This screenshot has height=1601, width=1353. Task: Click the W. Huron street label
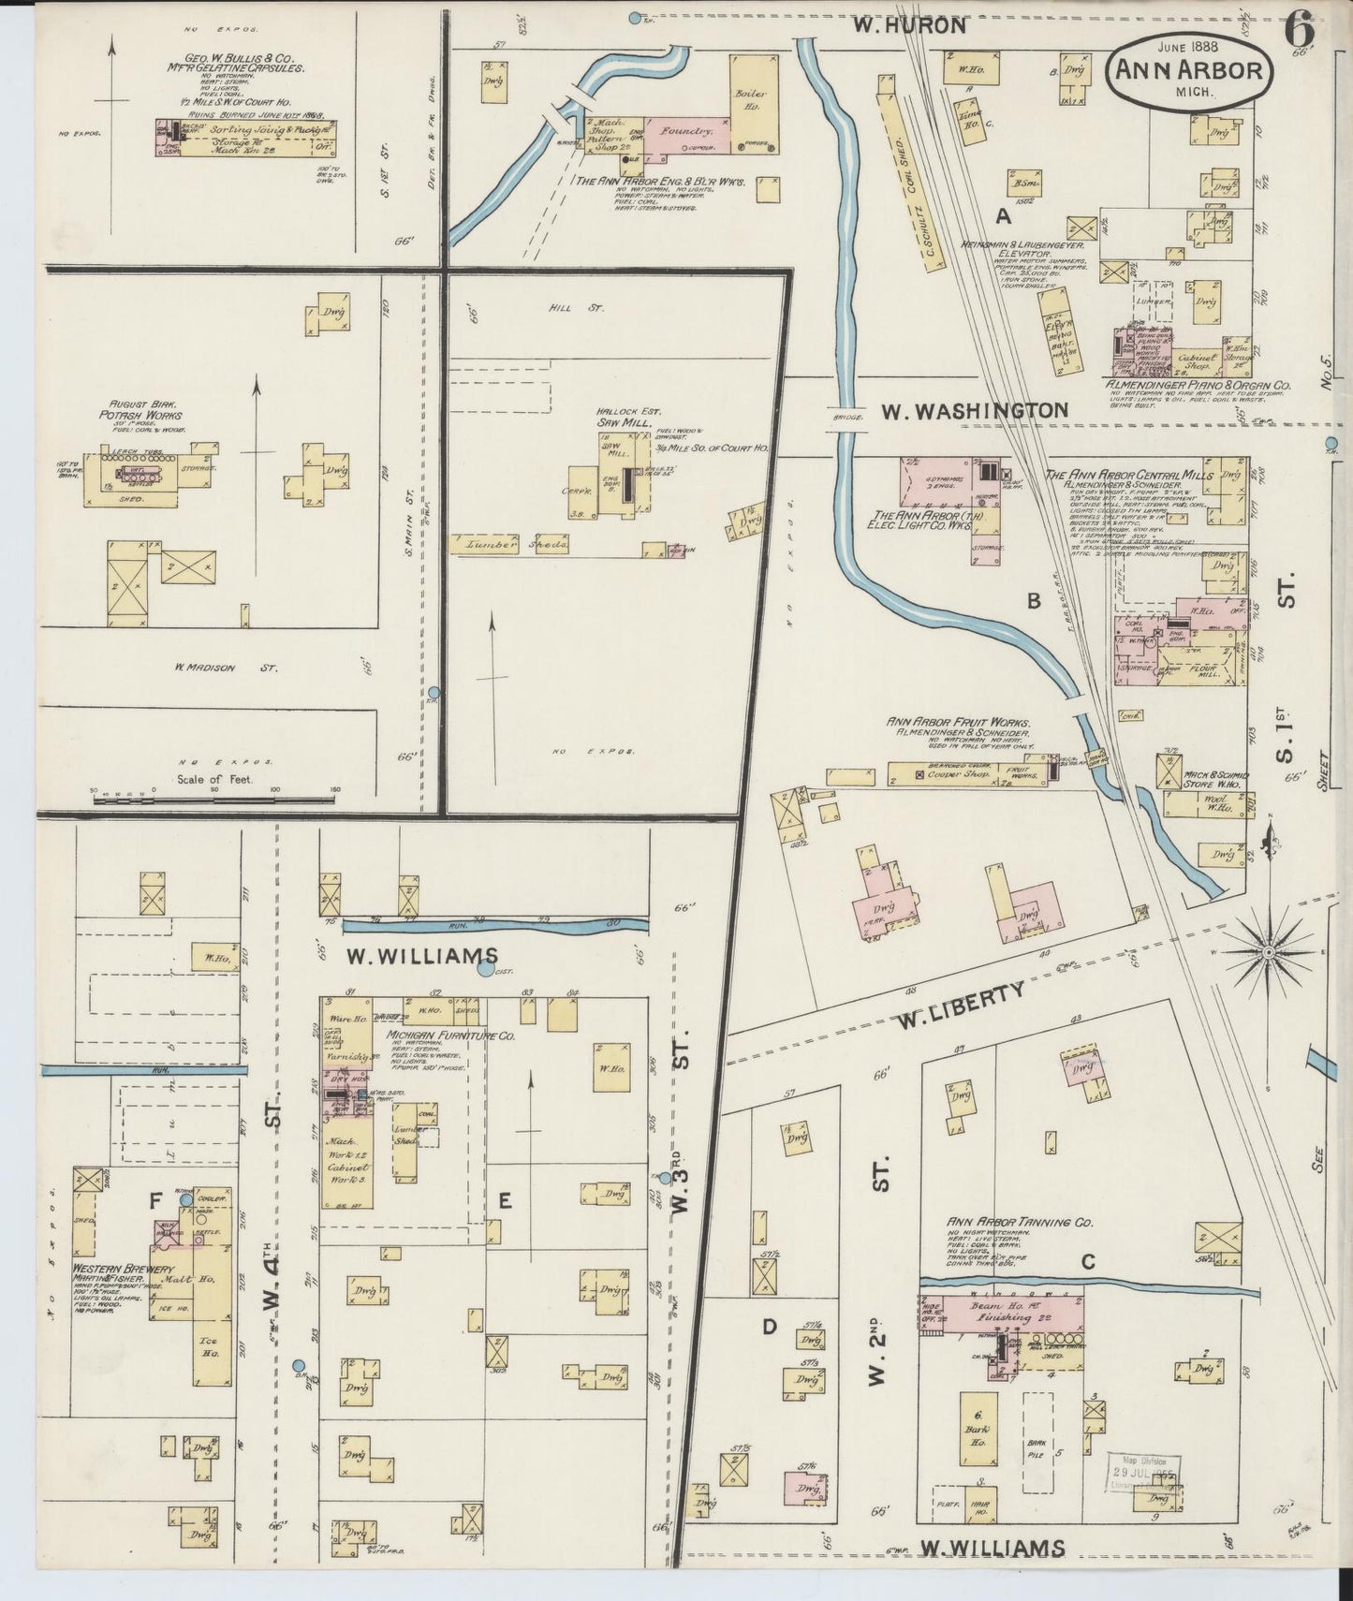pos(909,25)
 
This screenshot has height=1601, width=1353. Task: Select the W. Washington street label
pos(973,410)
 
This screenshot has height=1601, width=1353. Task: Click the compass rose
pos(1266,952)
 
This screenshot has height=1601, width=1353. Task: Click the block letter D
pos(770,1326)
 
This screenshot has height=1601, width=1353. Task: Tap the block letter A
pos(1004,217)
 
